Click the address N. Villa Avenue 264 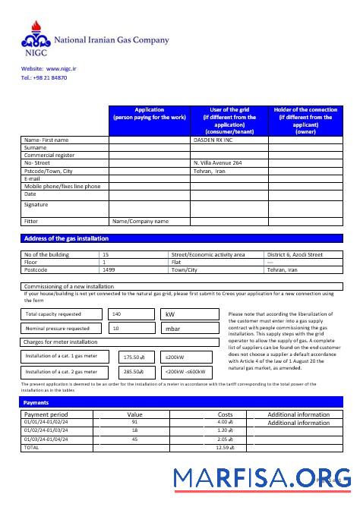(218, 163)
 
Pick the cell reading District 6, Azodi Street (295, 255)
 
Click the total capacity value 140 (116, 313)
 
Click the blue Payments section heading (36, 403)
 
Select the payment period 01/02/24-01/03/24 (46, 430)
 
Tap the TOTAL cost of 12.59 (225, 448)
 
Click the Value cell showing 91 (134, 422)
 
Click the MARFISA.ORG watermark (262, 478)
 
